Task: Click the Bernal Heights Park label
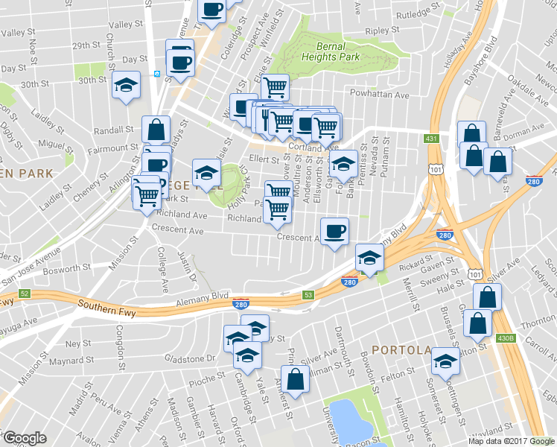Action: (x=332, y=51)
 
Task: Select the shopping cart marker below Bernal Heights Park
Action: (x=275, y=86)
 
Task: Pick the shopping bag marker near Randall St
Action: (x=156, y=130)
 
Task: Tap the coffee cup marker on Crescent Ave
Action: (x=335, y=231)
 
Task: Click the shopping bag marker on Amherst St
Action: (x=295, y=378)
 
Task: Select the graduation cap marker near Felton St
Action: (x=445, y=361)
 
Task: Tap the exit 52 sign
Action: (x=25, y=294)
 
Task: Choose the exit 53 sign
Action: (x=308, y=296)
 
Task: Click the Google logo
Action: (x=25, y=438)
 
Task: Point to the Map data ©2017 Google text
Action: (x=511, y=441)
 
